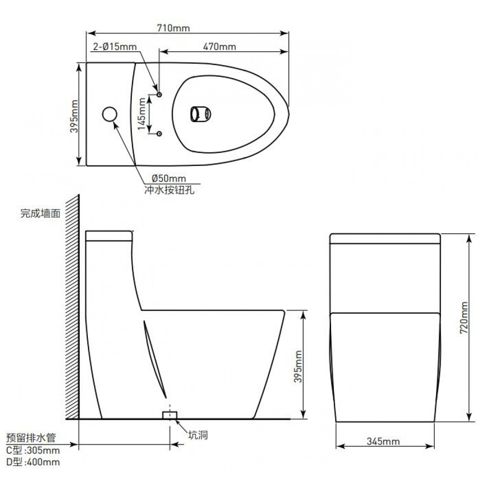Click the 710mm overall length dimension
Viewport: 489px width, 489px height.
tap(174, 28)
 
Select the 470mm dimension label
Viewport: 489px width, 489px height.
tap(219, 47)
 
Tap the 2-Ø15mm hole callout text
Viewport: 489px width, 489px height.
tap(115, 47)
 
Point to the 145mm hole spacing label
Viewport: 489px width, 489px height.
tap(142, 114)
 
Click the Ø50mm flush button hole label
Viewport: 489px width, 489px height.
tap(169, 179)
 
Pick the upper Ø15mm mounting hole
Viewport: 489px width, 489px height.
tap(159, 95)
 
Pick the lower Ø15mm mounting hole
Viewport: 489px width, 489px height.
tap(159, 134)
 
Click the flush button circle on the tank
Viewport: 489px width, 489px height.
tap(109, 114)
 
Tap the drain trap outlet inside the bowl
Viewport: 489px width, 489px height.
tap(201, 114)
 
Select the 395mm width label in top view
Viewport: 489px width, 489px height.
tap(74, 116)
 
